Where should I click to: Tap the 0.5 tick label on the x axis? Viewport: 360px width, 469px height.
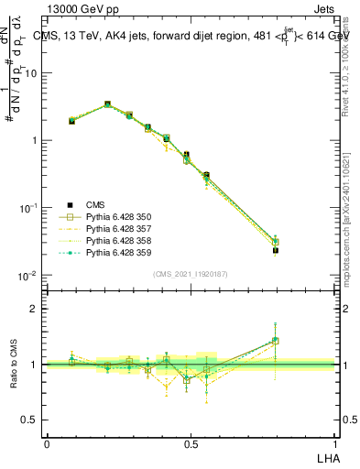(x=191, y=443)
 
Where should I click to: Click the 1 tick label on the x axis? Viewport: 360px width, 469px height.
(x=334, y=443)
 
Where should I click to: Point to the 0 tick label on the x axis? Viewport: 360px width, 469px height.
(x=47, y=443)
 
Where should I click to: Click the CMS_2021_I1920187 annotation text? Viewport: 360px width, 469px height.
(x=191, y=274)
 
